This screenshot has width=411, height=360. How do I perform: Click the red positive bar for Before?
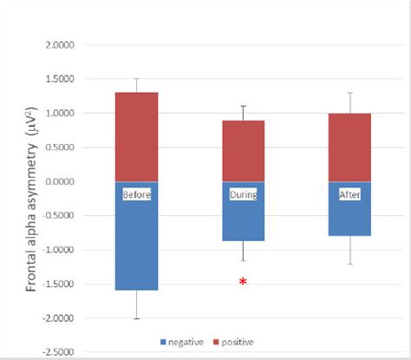(x=137, y=137)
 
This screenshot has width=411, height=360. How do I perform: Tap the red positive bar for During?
(x=243, y=151)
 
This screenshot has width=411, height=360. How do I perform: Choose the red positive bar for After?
(x=349, y=147)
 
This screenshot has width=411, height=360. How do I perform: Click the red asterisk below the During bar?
(x=243, y=282)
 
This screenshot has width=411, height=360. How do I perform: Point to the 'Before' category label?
(x=137, y=194)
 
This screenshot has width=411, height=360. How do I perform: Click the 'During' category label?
(x=243, y=194)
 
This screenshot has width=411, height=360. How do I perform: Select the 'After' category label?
(x=349, y=194)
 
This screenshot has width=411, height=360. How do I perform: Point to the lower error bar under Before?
(x=137, y=304)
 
